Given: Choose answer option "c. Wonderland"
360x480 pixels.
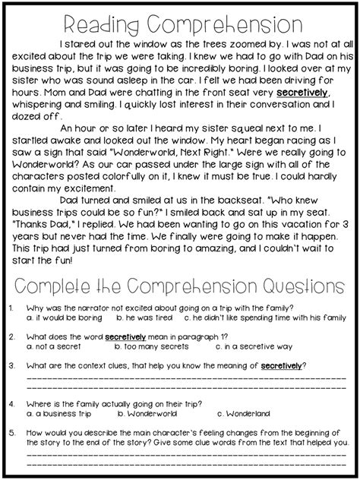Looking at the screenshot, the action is click(x=247, y=414).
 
